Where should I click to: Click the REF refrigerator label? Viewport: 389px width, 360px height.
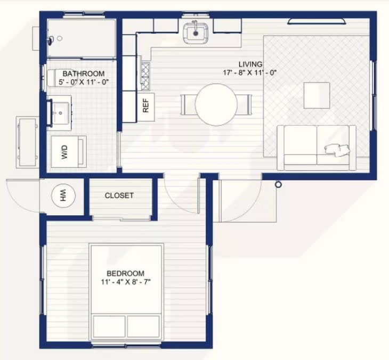(146, 105)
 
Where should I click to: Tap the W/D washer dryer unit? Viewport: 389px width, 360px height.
(69, 151)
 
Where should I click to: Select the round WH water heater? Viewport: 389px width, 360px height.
(63, 195)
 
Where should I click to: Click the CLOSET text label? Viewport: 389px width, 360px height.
(119, 195)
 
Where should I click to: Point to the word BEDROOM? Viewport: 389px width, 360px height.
(126, 273)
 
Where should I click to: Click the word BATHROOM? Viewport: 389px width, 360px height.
(84, 73)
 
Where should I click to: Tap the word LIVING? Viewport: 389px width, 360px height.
(250, 64)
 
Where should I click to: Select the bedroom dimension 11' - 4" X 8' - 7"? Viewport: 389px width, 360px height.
(126, 282)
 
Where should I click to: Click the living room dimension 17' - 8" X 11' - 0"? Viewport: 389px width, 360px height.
(249, 73)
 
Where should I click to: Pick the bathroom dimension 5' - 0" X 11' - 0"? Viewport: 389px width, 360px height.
(84, 82)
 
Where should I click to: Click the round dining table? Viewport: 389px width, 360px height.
(216, 104)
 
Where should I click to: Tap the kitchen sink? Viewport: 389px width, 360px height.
(196, 32)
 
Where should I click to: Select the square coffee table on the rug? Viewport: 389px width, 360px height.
(317, 95)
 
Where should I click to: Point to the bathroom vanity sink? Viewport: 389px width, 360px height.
(60, 113)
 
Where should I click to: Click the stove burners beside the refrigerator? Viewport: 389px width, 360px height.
(145, 76)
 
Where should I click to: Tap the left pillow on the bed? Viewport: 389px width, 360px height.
(109, 326)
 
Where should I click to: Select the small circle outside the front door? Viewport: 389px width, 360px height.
(279, 184)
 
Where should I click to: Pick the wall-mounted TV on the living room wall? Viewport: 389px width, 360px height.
(317, 22)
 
